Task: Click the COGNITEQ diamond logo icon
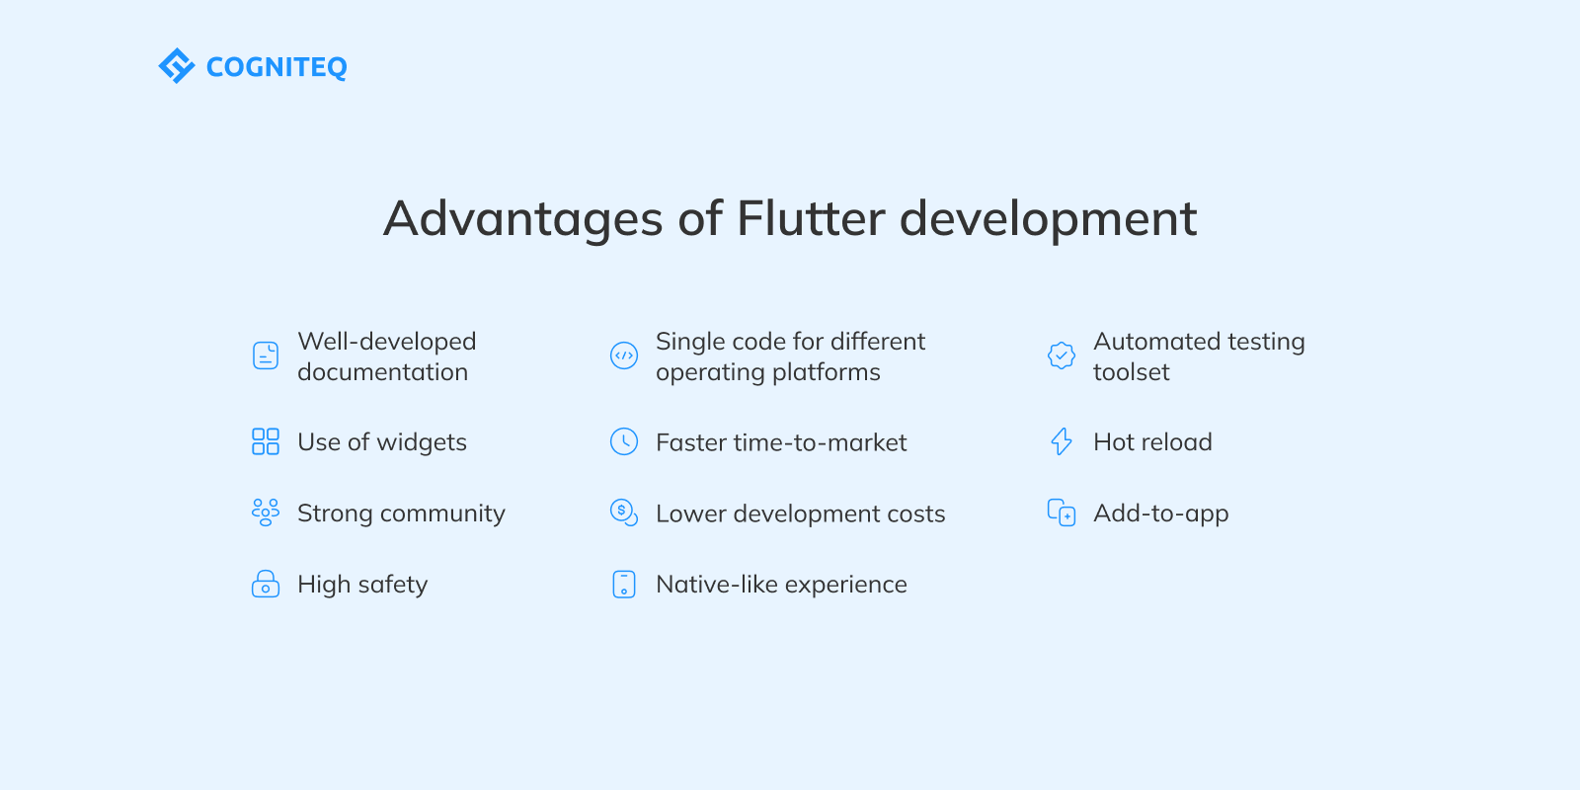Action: point(177,66)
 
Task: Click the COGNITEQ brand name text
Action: point(276,67)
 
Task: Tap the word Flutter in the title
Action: point(810,218)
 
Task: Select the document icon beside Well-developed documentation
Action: point(266,355)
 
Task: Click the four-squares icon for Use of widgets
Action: point(266,441)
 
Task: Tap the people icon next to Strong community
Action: point(266,512)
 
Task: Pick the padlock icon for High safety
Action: point(266,584)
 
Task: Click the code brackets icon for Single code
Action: point(624,355)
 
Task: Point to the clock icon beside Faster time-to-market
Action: point(624,441)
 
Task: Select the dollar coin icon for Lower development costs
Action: point(624,513)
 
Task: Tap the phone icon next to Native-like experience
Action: point(624,584)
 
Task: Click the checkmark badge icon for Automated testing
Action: point(1062,355)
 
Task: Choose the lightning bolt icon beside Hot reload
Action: point(1062,441)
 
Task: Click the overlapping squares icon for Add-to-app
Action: point(1062,513)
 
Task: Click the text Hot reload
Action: point(1152,442)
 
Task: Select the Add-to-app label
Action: point(1160,513)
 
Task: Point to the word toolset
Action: point(1131,372)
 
